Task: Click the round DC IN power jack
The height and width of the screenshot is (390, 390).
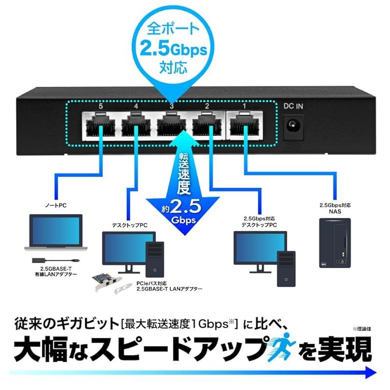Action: click(293, 125)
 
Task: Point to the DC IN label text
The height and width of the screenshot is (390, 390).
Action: click(293, 105)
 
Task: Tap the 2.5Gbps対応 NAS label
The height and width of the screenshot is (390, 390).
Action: click(334, 208)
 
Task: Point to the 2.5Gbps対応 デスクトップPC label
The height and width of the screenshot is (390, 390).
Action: click(259, 222)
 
